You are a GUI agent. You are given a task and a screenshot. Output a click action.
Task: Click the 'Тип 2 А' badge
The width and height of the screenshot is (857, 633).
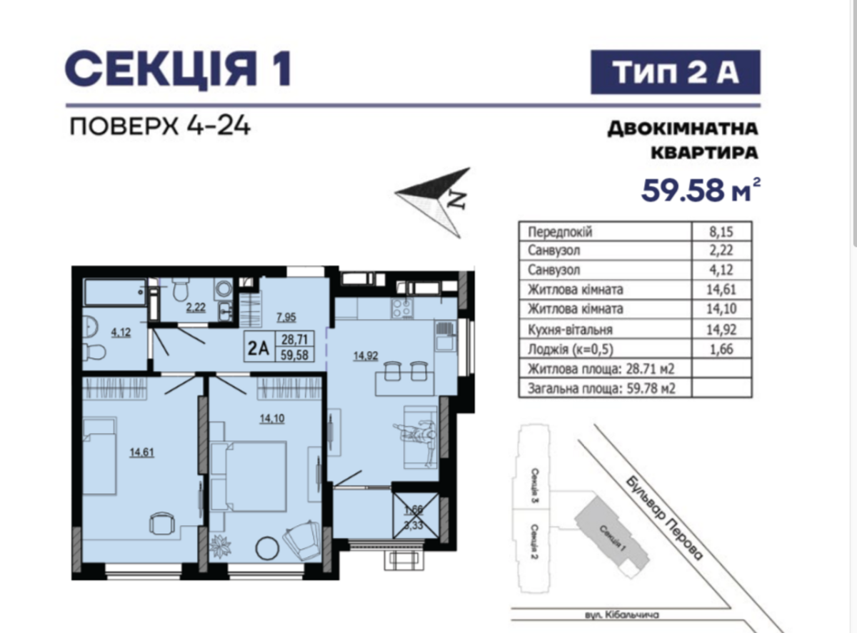point(675,72)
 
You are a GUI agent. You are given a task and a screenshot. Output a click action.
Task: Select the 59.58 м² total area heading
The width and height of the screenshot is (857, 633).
point(701,190)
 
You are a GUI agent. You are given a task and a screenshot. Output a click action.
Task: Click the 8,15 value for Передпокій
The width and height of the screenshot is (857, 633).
point(721,232)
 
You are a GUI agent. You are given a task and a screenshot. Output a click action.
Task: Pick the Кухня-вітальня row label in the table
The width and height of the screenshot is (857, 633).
point(570,330)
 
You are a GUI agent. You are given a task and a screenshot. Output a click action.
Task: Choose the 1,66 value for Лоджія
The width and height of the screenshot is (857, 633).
point(721,349)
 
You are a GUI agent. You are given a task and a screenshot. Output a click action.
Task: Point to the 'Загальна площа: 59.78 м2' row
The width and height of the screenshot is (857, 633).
point(601,388)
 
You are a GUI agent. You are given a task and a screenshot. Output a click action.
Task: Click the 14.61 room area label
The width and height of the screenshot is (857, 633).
point(142,452)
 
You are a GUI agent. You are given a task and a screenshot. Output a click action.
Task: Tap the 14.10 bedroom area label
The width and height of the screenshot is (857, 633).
point(272,418)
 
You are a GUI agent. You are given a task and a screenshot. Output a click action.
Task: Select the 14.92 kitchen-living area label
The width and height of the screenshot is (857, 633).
point(366,355)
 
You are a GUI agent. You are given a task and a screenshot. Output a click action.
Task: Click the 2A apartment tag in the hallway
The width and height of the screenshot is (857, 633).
point(258,348)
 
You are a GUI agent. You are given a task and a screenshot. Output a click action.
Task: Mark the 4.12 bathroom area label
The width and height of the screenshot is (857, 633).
point(121,332)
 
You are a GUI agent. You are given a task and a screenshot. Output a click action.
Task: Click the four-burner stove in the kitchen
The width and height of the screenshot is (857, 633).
point(402,308)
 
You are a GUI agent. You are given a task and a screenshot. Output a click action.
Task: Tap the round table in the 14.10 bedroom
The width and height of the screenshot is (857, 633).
point(267,548)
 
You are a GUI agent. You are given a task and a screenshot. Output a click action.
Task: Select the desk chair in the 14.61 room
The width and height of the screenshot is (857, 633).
point(162,523)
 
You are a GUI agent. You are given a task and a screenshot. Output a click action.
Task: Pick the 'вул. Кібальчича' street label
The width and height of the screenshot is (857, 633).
point(622,614)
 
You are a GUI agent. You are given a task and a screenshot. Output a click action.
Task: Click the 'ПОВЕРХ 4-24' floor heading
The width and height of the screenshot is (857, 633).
point(160,126)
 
